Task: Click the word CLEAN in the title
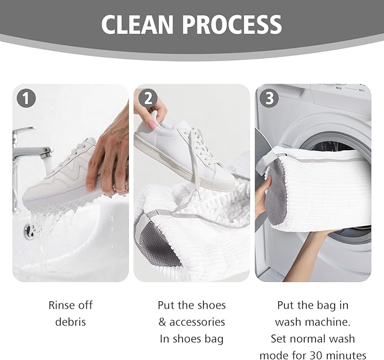tap(137, 24)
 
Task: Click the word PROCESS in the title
tap(232, 24)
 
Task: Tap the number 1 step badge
tap(26, 98)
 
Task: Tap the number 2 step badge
tap(148, 98)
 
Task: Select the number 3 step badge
tap(269, 98)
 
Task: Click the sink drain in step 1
tap(31, 231)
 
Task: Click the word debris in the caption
tap(71, 322)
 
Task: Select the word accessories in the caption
tap(197, 322)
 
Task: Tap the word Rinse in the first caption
tap(61, 305)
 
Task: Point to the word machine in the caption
tap(329, 322)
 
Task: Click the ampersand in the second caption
tap(162, 322)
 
